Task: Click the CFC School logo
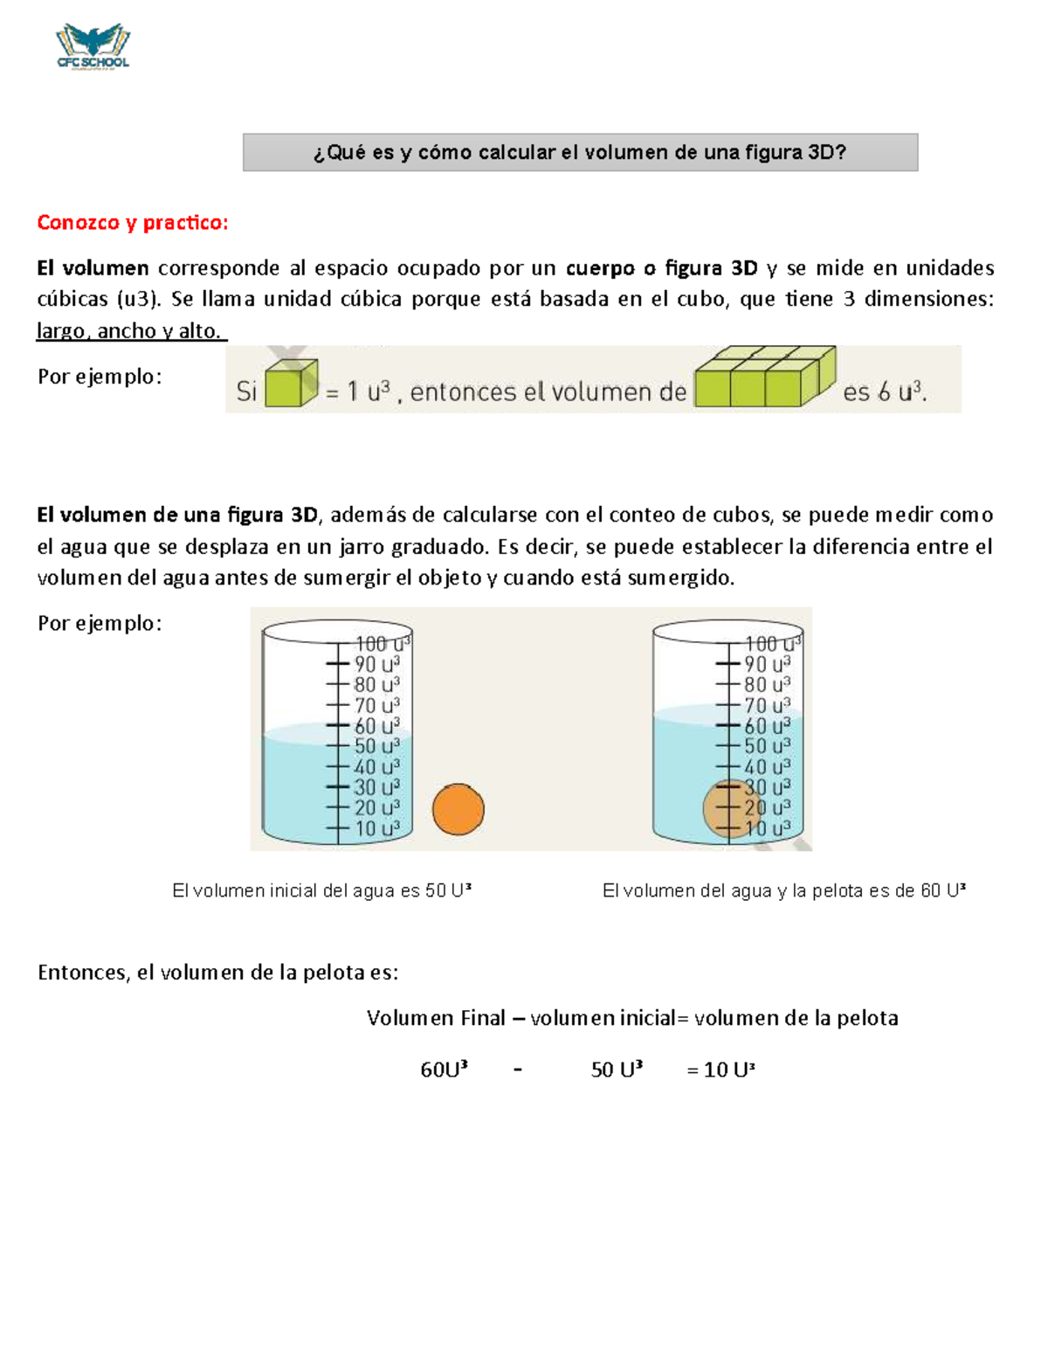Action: click(x=93, y=46)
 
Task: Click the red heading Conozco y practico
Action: click(x=133, y=222)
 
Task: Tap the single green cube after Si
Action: click(x=291, y=383)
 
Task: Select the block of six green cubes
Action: click(x=765, y=377)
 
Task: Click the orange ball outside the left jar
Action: click(x=458, y=809)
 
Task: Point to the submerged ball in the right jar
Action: click(x=729, y=809)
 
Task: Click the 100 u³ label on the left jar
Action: click(x=383, y=643)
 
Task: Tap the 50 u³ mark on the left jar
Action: click(x=377, y=746)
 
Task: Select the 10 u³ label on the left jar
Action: click(x=377, y=828)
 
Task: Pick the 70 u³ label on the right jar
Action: click(x=767, y=705)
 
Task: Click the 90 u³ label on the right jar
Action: click(x=767, y=664)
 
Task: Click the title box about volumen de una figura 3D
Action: click(x=580, y=152)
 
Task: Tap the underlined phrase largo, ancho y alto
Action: click(x=130, y=330)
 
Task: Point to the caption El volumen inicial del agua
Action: click(x=321, y=890)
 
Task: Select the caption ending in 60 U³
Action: click(x=784, y=890)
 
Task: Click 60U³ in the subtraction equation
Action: click(x=444, y=1070)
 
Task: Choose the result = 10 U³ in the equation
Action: click(x=720, y=1070)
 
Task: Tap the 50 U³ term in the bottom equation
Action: click(x=617, y=1070)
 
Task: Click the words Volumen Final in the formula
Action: click(x=436, y=1018)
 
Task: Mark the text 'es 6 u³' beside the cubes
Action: click(x=885, y=392)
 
